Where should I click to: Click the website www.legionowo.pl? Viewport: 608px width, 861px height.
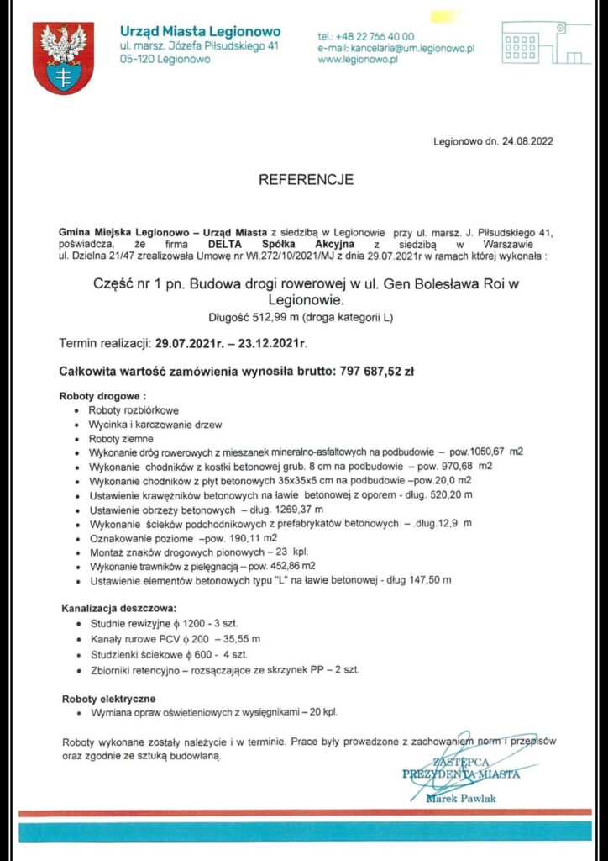click(357, 61)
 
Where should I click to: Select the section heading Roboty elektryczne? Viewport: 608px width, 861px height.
click(109, 699)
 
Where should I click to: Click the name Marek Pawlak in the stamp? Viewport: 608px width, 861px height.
click(462, 797)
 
